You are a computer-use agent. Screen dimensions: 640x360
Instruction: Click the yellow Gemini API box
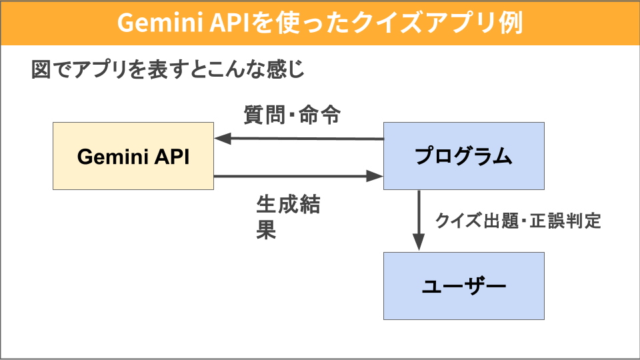tap(133, 156)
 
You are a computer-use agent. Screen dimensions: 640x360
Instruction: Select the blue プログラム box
tap(464, 156)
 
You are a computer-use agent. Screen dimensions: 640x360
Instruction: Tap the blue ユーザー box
tap(464, 286)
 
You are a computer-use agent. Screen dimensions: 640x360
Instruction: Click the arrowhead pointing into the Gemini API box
tap(223, 139)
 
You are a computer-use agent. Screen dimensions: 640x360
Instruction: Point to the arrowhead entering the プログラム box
tap(375, 176)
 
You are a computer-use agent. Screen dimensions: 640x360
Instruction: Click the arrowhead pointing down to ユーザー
tap(419, 241)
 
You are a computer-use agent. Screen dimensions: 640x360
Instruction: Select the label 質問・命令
tap(292, 115)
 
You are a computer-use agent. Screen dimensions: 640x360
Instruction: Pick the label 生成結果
tap(288, 217)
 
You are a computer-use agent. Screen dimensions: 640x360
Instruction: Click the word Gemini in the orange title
tap(161, 23)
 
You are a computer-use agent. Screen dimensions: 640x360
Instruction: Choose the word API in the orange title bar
tap(229, 23)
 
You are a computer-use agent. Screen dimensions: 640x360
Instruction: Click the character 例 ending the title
tap(511, 23)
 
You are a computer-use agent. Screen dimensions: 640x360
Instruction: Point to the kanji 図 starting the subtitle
tap(41, 69)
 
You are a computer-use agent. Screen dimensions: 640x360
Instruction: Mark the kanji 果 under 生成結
tap(266, 230)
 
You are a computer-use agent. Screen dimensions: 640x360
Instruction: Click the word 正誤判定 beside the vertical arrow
tap(565, 221)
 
